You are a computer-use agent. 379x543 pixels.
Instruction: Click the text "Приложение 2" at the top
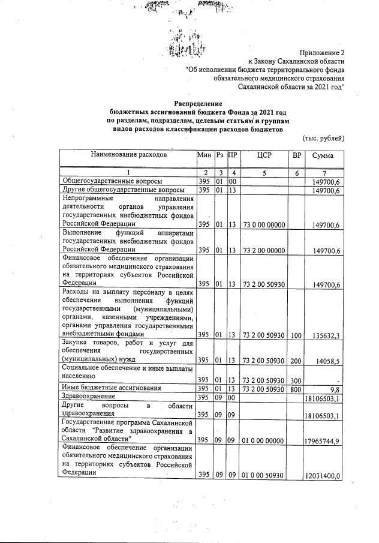[x=321, y=53]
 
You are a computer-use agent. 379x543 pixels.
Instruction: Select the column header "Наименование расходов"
[x=128, y=155]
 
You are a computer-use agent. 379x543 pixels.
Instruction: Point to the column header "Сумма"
[x=323, y=155]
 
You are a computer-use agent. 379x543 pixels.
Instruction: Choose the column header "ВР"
[x=296, y=155]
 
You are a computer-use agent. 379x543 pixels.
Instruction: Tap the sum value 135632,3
[x=324, y=334]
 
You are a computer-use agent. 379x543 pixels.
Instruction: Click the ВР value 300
[x=296, y=380]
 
